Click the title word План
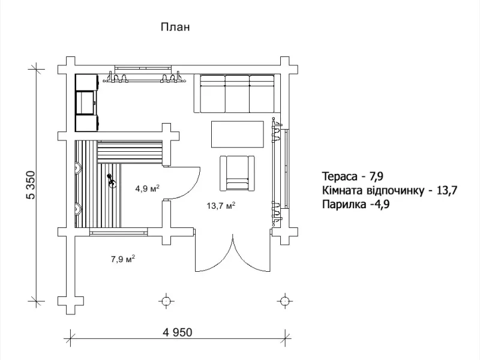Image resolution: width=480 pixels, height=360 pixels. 175,27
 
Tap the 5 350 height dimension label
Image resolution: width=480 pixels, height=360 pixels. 32,185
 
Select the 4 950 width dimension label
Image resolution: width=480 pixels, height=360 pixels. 178,332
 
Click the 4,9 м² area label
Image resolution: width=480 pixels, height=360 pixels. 148,188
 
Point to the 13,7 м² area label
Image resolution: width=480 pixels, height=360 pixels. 221,205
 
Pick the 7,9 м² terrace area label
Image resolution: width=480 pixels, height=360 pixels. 123,259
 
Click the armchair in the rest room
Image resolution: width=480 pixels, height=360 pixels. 237,173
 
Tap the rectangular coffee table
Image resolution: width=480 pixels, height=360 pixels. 237,134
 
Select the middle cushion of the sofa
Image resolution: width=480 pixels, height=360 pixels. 237,94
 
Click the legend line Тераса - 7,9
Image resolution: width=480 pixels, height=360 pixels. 353,176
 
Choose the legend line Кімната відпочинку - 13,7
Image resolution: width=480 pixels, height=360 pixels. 389,190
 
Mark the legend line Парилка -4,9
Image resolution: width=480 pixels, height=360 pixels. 356,204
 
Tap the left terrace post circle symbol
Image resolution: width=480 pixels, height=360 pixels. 166,301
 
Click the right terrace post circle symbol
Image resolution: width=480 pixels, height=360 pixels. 284,301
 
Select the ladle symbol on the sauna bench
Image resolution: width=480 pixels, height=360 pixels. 111,181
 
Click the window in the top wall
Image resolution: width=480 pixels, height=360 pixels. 143,68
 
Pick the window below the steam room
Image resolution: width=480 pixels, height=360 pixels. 118,233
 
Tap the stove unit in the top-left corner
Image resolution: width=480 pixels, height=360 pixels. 87,103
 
